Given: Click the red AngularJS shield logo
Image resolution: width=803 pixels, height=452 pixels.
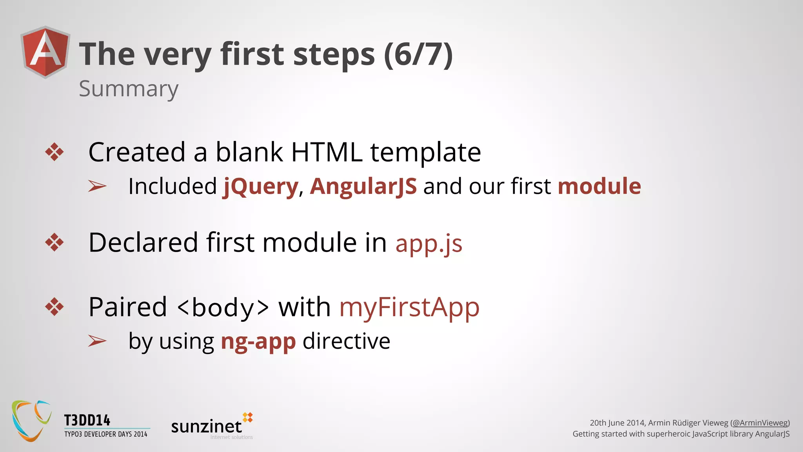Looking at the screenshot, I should tap(45, 52).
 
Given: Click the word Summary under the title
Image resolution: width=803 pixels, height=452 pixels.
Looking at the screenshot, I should tap(128, 89).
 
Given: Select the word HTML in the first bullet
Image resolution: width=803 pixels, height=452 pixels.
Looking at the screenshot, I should tap(327, 152).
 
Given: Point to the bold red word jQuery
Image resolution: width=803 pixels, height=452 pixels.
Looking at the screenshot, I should tap(261, 186).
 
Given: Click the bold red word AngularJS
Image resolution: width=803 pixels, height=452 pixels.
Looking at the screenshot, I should tap(363, 186).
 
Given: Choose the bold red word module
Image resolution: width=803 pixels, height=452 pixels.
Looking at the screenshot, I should tap(599, 186).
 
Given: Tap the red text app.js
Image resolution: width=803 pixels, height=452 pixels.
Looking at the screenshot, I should tap(429, 243).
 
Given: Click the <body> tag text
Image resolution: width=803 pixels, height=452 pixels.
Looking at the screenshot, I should tap(223, 307).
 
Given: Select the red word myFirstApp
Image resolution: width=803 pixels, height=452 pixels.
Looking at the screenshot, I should tap(409, 307).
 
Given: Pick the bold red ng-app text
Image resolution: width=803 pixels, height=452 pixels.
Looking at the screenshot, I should tap(258, 341).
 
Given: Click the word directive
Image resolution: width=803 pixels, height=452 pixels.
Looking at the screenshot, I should tap(346, 341).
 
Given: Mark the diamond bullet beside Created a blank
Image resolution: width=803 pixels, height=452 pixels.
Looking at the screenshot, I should tap(55, 152).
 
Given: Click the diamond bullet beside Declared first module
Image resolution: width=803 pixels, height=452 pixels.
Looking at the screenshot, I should tap(55, 242).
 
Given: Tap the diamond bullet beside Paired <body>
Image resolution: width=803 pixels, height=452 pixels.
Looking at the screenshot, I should tap(55, 307).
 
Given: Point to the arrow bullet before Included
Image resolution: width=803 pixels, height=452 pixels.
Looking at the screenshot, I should tap(97, 186).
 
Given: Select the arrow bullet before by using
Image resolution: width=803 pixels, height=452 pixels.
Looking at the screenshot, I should tap(97, 341).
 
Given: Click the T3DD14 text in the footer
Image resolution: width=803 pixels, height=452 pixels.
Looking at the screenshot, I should tap(87, 421).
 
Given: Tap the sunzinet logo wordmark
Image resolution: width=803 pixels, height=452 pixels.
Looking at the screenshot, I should tap(207, 426).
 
